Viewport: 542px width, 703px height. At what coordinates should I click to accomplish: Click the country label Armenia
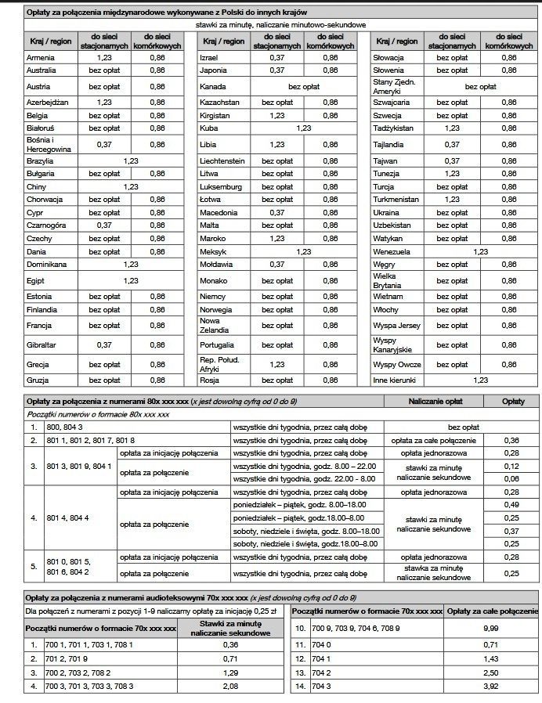[40, 57]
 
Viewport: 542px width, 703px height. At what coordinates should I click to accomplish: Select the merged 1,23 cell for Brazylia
[131, 160]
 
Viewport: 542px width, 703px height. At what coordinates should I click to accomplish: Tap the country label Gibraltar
[40, 344]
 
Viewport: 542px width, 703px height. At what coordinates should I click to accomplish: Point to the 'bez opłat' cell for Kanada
[305, 86]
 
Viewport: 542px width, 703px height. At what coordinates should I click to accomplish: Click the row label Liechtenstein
[222, 160]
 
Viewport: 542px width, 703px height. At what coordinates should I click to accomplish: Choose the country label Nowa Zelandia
[210, 325]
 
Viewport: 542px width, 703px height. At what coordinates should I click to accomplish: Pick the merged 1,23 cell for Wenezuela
[480, 251]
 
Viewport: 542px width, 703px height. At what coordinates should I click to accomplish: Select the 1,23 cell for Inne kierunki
[480, 380]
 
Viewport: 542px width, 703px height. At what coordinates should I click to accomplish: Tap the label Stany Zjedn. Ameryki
[394, 86]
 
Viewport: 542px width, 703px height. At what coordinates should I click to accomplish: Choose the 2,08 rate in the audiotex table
[230, 687]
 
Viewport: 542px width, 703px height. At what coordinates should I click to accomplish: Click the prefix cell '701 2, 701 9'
[71, 658]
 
